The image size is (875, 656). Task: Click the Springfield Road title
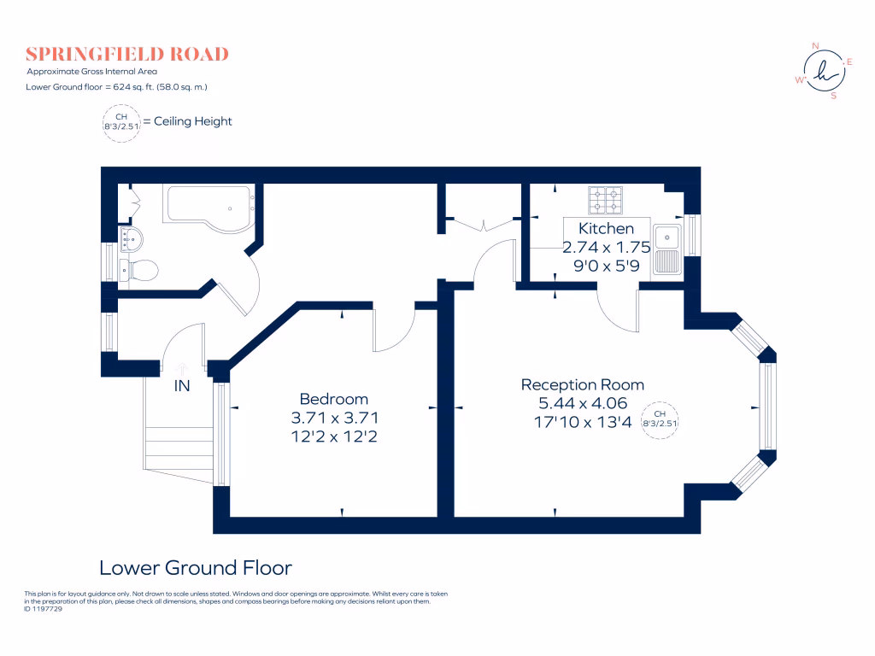(127, 54)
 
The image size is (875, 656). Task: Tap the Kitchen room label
(606, 229)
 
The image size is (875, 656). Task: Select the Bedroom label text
(334, 399)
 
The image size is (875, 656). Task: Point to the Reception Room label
(583, 384)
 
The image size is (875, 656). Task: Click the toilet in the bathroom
(139, 271)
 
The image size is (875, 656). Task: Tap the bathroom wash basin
(131, 239)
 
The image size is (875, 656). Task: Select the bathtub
(209, 208)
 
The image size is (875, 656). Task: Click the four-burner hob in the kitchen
(606, 200)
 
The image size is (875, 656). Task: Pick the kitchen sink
(667, 249)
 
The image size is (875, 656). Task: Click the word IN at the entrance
(182, 385)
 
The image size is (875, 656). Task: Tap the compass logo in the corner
(825, 72)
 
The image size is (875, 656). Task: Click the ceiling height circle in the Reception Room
(660, 420)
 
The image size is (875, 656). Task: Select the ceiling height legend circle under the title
(121, 123)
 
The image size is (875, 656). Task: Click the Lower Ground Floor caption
(196, 568)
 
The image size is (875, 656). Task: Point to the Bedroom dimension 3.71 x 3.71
(334, 418)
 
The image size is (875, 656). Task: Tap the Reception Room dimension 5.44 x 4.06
(583, 403)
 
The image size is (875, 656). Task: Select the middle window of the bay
(767, 406)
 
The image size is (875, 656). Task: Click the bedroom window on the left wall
(221, 433)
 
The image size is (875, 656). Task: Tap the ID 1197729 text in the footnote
(43, 609)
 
